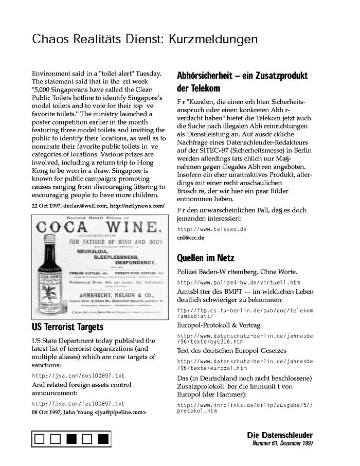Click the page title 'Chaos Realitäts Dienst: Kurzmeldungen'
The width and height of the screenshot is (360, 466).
[x=145, y=39]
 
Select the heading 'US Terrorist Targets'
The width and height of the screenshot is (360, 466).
[x=67, y=327]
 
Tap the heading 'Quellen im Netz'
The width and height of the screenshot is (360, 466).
[x=205, y=258]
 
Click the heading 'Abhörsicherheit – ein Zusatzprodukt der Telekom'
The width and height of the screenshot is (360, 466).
[x=242, y=82]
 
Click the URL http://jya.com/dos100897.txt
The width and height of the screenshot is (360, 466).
[x=78, y=375]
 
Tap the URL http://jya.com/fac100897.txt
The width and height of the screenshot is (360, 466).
[x=78, y=404]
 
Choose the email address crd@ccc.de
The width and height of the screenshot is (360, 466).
[x=190, y=238]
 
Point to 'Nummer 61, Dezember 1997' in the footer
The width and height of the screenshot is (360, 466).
[x=282, y=443]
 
